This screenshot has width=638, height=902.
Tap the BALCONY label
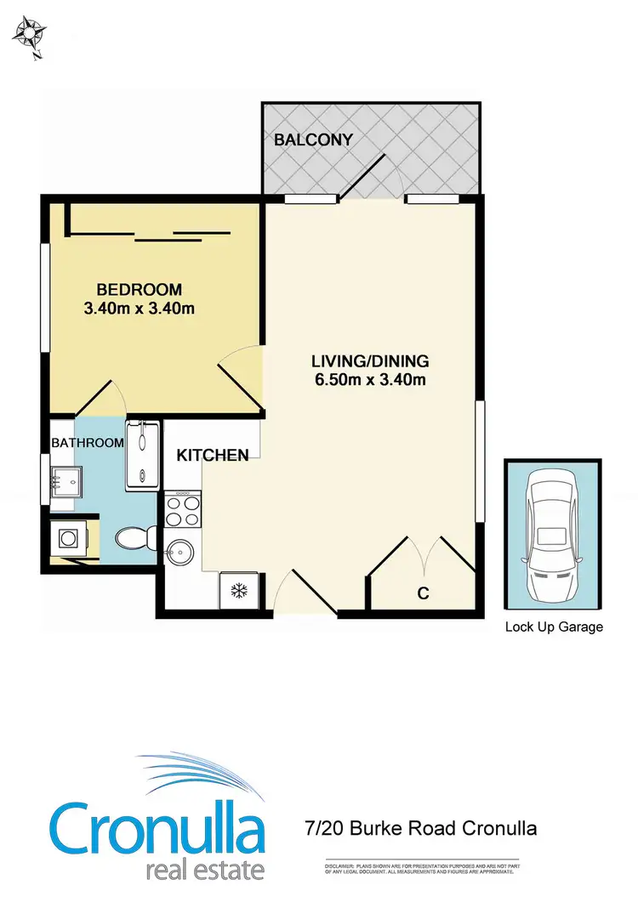click(x=313, y=140)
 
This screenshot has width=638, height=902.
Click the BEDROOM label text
click(x=139, y=290)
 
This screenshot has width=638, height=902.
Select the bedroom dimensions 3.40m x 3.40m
click(x=139, y=309)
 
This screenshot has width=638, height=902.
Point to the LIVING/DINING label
click(x=370, y=360)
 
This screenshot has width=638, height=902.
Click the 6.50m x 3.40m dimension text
click(x=370, y=380)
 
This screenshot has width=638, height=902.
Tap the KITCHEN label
click(x=213, y=456)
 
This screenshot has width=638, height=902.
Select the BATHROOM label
click(x=88, y=443)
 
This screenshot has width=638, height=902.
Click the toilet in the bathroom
click(x=134, y=536)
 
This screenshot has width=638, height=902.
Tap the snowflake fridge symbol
click(x=240, y=590)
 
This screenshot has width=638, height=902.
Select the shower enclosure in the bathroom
click(x=141, y=455)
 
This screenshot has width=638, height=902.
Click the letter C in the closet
click(x=423, y=593)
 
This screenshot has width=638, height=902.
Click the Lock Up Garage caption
click(x=554, y=627)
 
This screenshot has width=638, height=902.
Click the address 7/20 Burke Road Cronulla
click(x=420, y=827)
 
